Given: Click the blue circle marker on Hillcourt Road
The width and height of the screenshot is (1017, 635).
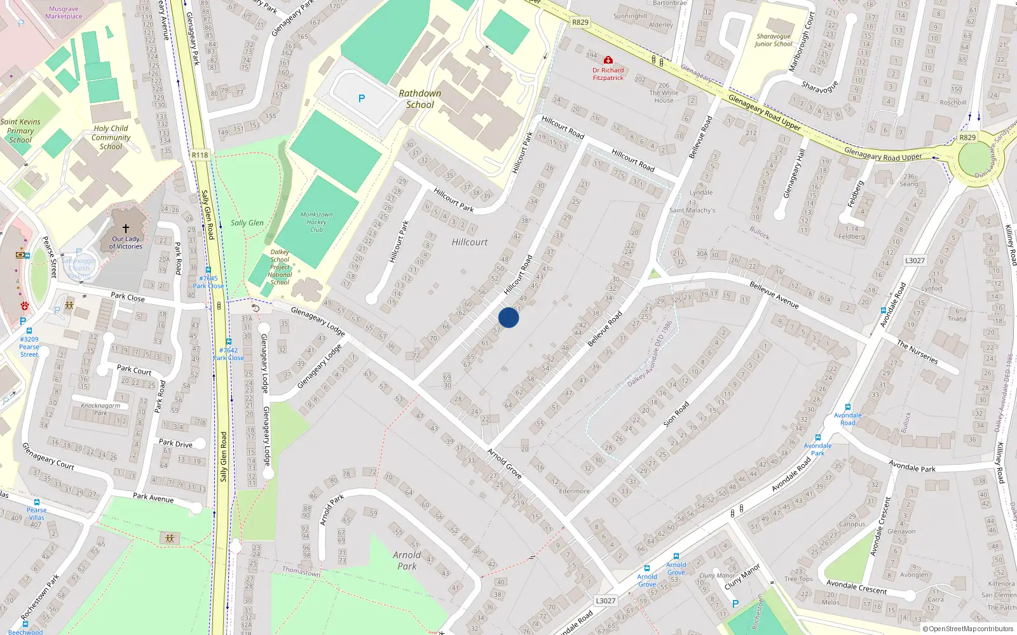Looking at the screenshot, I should (x=508, y=317).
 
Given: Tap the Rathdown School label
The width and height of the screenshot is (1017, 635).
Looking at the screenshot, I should (x=420, y=99).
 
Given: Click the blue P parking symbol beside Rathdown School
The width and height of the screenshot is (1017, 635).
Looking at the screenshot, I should (x=362, y=98).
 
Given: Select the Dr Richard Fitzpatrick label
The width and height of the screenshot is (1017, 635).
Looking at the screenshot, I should (x=608, y=74).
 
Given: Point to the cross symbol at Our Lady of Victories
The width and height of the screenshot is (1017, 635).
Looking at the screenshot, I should (x=126, y=229).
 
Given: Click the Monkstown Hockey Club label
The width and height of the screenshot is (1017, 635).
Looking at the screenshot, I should (x=317, y=222).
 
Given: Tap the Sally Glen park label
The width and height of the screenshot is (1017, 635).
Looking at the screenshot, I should (x=247, y=223).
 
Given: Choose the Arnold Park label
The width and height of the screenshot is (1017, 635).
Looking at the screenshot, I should (x=407, y=561).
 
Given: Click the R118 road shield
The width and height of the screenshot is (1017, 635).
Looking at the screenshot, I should (x=200, y=155).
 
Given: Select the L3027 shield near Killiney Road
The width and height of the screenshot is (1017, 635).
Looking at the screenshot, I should (x=915, y=260).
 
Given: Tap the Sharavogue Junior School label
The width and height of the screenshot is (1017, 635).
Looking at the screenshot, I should (x=774, y=40).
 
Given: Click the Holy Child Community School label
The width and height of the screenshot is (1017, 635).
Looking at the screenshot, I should (x=111, y=137).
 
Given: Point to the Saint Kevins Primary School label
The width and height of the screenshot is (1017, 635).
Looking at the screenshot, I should (x=20, y=131).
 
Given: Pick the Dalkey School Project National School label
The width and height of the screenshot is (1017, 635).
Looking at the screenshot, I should (x=280, y=267).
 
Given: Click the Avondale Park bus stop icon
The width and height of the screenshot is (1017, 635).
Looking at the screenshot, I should (x=818, y=438).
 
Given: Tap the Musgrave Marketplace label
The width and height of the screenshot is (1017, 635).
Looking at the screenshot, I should (x=64, y=13).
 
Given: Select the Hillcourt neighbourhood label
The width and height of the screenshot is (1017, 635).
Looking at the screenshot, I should (x=470, y=242).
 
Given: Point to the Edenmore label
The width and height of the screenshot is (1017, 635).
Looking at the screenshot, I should (x=574, y=491).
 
